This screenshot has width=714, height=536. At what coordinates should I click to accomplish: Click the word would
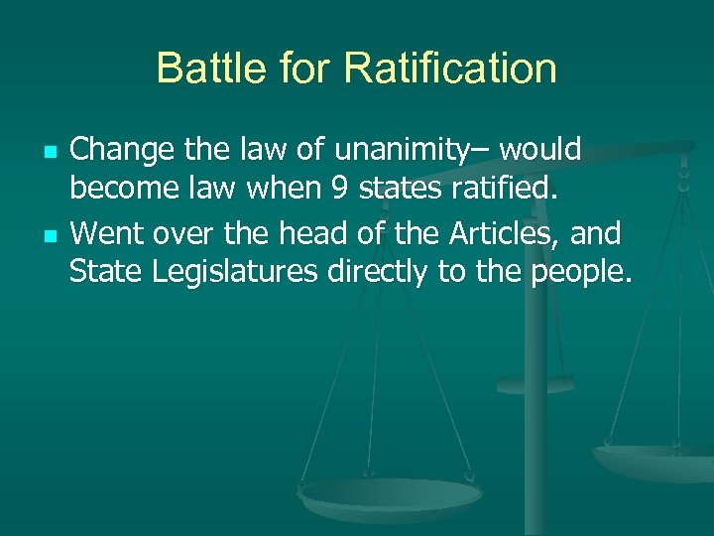coord(540,150)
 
